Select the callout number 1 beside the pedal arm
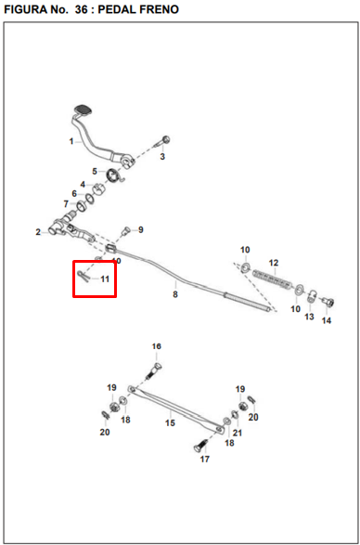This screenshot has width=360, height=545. pyautogui.click(x=71, y=141)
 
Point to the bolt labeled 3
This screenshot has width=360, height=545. pyautogui.click(x=162, y=141)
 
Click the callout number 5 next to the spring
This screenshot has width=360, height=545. pyautogui.click(x=95, y=172)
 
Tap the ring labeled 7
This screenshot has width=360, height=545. pyautogui.click(x=83, y=206)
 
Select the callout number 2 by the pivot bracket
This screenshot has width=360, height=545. pyautogui.click(x=38, y=232)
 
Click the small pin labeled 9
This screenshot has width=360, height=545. pyautogui.click(x=126, y=230)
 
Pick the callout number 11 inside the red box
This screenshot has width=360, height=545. pyautogui.click(x=105, y=279)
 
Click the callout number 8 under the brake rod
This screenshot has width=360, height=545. pyautogui.click(x=175, y=294)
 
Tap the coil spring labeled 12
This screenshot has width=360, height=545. pyautogui.click(x=273, y=279)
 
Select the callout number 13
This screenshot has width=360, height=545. pyautogui.click(x=309, y=317)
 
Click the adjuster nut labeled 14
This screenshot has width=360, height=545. pyautogui.click(x=328, y=303)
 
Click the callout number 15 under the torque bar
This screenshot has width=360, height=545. pyautogui.click(x=170, y=423)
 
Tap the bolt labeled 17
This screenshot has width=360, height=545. pyautogui.click(x=200, y=446)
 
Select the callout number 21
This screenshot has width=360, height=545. pyautogui.click(x=238, y=433)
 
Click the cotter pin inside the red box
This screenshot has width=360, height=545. pyautogui.click(x=83, y=277)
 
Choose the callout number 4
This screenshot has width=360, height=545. pyautogui.click(x=83, y=184)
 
